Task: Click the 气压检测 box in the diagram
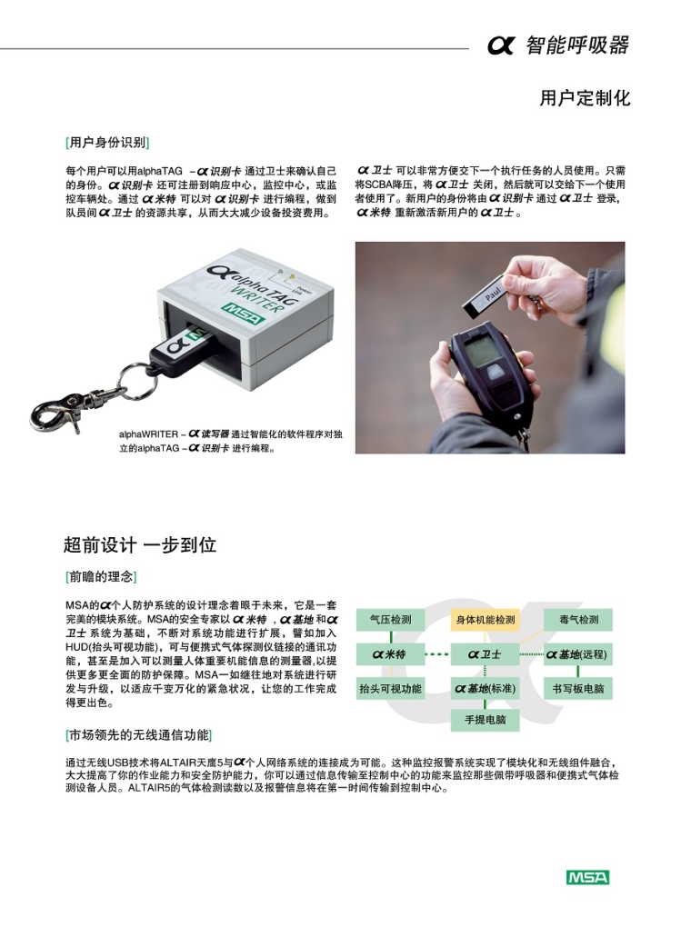[x=390, y=620]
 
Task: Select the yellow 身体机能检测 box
[x=485, y=620]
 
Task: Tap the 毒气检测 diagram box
[x=578, y=620]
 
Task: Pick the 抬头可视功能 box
[x=390, y=688]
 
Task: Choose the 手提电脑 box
[x=485, y=720]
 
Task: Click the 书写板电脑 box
[x=578, y=688]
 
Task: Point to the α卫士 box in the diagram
[x=485, y=654]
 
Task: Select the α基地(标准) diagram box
[x=485, y=688]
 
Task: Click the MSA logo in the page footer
[x=587, y=877]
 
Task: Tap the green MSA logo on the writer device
[x=244, y=314]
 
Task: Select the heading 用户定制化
[x=585, y=98]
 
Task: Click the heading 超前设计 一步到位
[x=140, y=545]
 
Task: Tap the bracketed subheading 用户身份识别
[x=107, y=142]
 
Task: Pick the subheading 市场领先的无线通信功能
[x=139, y=734]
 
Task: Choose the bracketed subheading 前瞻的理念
[x=101, y=577]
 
